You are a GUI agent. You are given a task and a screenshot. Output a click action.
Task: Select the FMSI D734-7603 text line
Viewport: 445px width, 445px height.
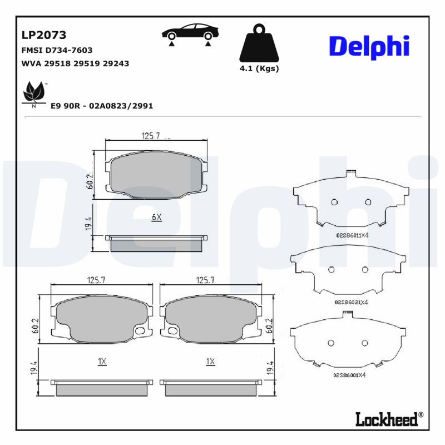(57, 50)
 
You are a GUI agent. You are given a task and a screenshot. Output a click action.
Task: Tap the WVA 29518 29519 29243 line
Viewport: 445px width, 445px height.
(75, 63)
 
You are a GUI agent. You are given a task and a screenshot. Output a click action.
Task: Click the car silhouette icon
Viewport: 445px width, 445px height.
(189, 33)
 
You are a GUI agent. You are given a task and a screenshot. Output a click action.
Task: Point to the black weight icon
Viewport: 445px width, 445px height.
(258, 43)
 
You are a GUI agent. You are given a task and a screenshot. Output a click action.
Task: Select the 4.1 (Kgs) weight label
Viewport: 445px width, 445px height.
(259, 69)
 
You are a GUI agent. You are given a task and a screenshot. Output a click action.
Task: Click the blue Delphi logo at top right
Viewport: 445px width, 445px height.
(369, 46)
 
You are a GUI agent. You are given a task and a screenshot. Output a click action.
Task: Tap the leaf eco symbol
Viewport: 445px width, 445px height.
(34, 93)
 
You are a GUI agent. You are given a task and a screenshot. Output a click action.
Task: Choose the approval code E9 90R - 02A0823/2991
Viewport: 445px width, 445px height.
(102, 105)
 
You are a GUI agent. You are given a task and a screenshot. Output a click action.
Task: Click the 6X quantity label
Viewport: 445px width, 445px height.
(156, 217)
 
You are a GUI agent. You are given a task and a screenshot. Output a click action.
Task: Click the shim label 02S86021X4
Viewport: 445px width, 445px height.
(351, 302)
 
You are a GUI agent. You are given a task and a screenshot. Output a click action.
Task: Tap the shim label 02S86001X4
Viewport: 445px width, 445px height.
(349, 375)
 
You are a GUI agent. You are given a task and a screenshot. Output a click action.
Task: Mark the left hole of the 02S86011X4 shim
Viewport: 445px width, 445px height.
(334, 202)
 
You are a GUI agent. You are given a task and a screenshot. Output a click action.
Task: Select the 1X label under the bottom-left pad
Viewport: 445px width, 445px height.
(102, 362)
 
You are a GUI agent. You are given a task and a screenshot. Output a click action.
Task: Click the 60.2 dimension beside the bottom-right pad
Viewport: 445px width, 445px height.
(270, 325)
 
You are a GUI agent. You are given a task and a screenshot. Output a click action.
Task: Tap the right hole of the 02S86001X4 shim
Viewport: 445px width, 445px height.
(365, 342)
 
